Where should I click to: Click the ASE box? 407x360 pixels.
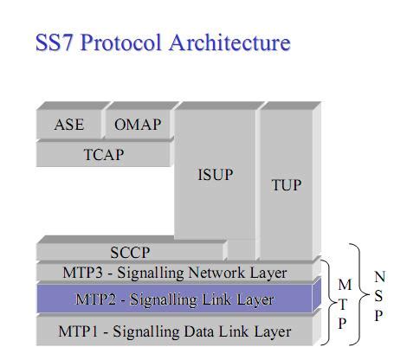coord(69,125)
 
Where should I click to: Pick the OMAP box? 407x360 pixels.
coord(138,125)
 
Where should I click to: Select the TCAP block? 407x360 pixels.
coord(103,155)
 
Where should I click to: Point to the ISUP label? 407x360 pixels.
coord(216,175)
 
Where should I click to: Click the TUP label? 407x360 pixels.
coord(287,185)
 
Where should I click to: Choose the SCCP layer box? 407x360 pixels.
coord(130,253)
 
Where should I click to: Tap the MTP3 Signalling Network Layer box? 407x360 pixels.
coord(174,273)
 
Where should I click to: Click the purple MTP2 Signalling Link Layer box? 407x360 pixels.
coord(174,300)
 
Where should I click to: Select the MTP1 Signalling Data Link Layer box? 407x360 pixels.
coord(174,331)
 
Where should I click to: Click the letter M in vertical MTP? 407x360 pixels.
coord(345,284)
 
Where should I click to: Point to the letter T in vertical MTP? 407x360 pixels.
coord(345,303)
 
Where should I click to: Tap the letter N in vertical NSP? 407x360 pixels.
coord(379,277)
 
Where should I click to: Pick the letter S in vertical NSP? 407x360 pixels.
coord(378,296)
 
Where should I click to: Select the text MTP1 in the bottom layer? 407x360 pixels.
coord(81,331)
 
